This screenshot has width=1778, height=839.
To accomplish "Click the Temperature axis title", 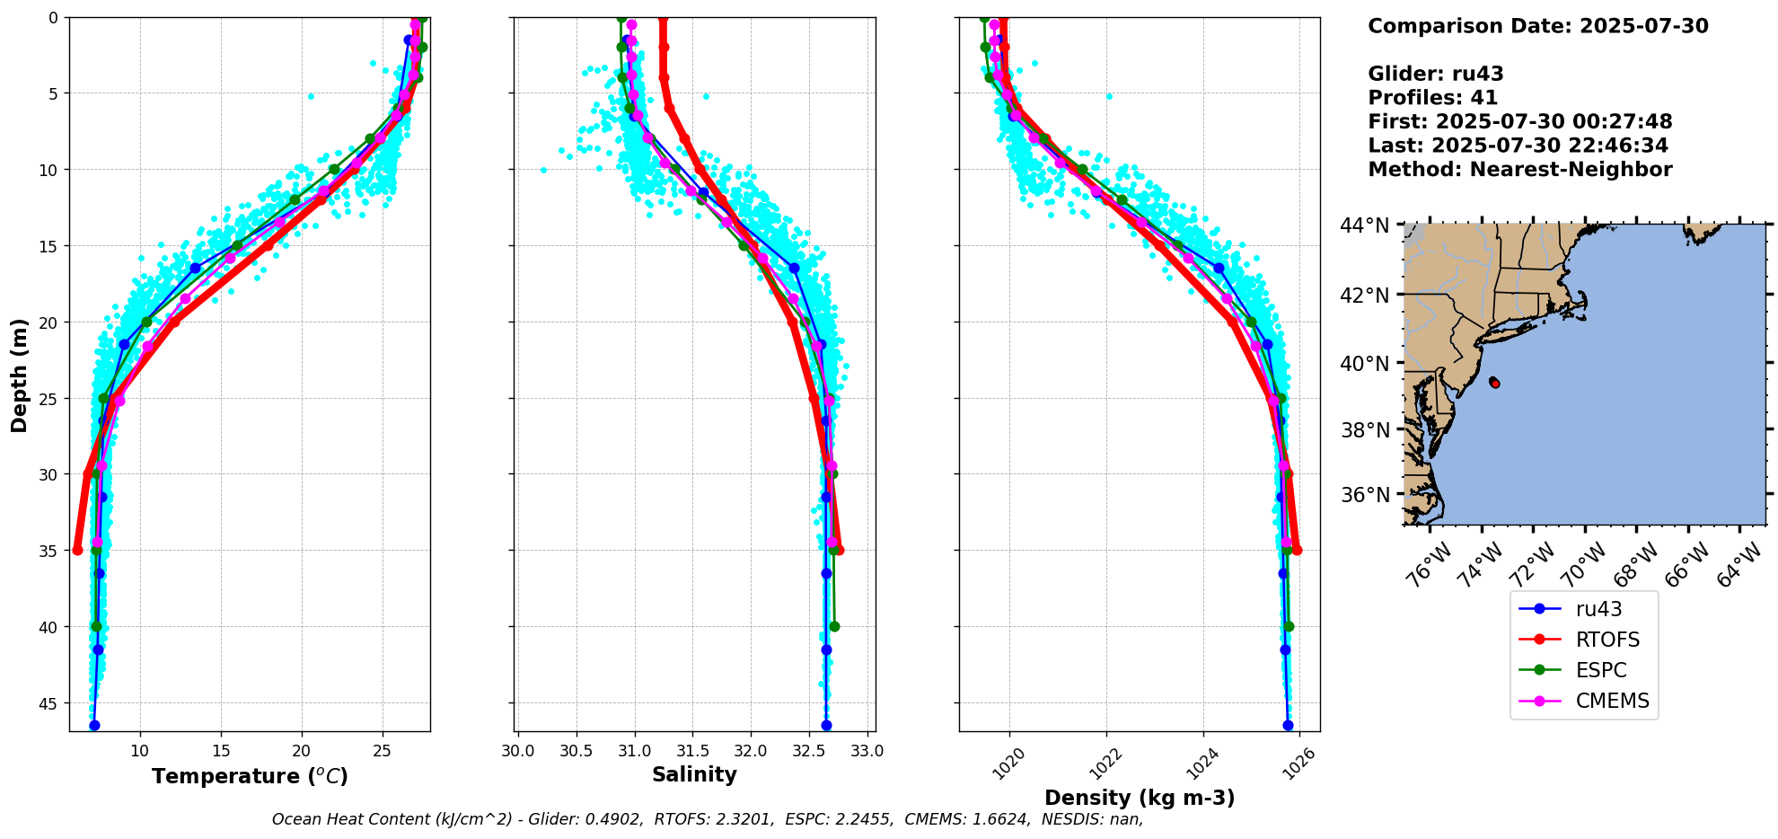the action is click(250, 776).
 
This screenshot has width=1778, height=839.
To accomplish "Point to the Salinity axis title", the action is click(694, 774).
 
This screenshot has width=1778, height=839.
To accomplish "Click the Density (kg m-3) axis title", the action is click(1140, 798).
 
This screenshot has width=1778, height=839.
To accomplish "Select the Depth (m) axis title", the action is click(20, 375).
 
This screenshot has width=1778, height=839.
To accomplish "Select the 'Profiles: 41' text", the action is click(1433, 98).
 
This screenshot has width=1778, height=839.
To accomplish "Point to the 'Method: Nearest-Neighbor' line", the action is click(1520, 170).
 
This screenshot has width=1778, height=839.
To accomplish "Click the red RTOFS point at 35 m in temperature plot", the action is click(77, 550).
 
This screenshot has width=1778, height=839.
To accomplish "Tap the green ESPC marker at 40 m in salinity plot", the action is click(834, 626).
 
